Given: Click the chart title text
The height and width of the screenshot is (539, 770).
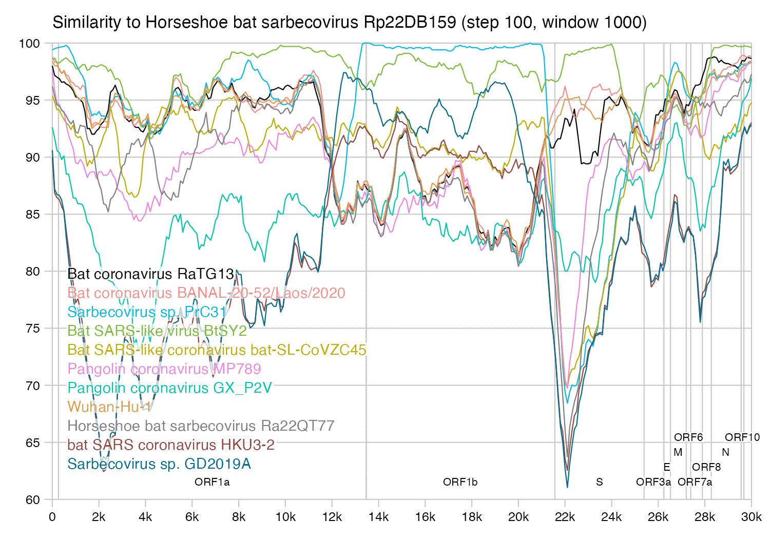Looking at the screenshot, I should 349,23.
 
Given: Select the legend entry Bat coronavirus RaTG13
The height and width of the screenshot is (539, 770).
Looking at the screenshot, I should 150,274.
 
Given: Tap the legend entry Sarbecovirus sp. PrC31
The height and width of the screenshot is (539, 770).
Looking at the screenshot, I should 147,312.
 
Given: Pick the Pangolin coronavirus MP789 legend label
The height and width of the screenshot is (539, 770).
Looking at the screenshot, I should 164,369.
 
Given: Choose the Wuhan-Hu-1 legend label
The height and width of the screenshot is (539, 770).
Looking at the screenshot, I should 109,407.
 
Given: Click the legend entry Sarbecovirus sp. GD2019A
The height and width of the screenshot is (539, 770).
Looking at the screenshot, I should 159,464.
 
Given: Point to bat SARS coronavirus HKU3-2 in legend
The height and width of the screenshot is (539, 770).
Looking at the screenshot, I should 171,445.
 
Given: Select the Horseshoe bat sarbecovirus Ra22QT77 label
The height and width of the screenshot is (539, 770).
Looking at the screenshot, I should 201,426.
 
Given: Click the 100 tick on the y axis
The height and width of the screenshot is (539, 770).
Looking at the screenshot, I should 29,43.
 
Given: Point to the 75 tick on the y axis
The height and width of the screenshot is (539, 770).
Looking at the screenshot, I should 33,329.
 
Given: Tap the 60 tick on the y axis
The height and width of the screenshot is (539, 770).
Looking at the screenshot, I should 33,500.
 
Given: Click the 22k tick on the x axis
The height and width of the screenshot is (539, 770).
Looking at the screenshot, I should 565,517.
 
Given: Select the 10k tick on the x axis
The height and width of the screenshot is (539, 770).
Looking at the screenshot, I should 285,517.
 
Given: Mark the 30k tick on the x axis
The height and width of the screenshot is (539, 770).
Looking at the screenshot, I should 752,517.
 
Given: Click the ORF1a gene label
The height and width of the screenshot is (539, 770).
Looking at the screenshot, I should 212,482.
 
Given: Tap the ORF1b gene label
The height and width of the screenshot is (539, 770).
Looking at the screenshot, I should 460,482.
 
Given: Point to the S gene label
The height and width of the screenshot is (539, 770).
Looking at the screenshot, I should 599,482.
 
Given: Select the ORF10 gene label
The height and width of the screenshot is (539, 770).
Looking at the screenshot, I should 742,437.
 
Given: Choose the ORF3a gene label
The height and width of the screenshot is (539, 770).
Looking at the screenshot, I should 653,482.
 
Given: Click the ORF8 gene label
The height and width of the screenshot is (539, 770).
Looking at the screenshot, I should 706,467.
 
